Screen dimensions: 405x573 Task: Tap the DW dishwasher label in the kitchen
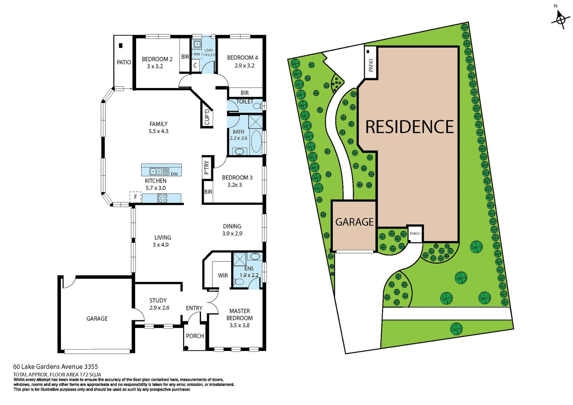(174, 174)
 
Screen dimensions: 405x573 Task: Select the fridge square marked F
(135, 197)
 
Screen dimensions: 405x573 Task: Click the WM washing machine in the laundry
(197, 54)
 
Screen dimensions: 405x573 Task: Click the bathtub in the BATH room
(256, 141)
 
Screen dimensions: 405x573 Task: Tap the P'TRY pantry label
(207, 168)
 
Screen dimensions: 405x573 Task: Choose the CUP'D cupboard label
(207, 117)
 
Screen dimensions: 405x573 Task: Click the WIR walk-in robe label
(223, 276)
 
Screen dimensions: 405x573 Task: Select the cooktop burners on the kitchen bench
(162, 198)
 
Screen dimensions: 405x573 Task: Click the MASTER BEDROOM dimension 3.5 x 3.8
(239, 325)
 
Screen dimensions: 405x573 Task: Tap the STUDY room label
(158, 300)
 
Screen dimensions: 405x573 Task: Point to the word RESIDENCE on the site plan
(409, 127)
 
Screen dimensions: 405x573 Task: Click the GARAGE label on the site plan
(354, 222)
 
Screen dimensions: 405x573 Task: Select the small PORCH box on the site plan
(415, 234)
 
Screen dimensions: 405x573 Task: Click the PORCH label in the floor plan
(195, 336)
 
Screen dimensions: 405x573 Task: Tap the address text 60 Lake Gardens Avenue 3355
(56, 367)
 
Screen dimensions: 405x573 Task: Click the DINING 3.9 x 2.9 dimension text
(232, 234)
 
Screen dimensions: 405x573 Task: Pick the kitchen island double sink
(156, 171)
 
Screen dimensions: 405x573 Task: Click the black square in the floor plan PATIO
(121, 46)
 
